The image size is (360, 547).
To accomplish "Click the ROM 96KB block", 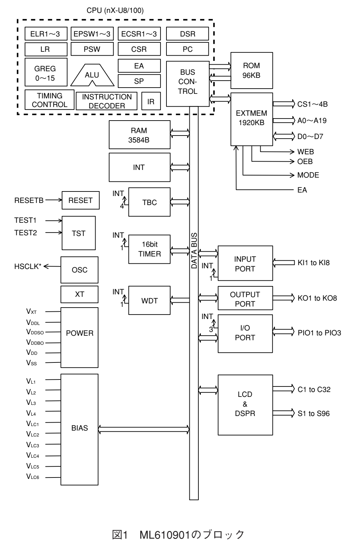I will [x=252, y=71].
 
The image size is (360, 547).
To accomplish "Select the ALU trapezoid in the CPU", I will [x=92, y=75].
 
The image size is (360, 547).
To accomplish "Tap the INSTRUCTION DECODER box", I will [x=107, y=101].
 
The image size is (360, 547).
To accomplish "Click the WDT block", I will [x=150, y=301].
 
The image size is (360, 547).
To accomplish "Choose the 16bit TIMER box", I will [x=150, y=249].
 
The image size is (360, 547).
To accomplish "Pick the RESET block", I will [x=81, y=200].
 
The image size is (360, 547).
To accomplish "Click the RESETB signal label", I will [x=29, y=201].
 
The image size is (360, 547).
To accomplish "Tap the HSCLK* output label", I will [x=28, y=267].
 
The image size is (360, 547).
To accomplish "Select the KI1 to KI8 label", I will [x=313, y=263].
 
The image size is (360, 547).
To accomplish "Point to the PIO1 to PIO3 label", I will [x=319, y=333].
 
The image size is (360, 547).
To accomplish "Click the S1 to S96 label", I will [x=313, y=414].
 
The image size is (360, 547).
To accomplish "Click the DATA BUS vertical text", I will [x=194, y=251].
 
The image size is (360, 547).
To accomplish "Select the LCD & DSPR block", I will [x=245, y=405].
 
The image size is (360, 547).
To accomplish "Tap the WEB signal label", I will [x=305, y=152].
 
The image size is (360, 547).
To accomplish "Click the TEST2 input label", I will [x=25, y=233].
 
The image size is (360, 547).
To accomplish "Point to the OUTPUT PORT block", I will [x=245, y=299].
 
